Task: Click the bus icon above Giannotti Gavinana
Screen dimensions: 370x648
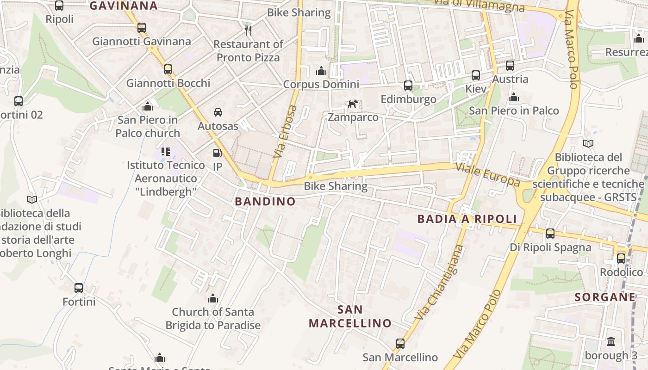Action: click(x=142, y=28)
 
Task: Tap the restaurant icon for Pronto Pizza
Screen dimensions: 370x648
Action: click(x=248, y=31)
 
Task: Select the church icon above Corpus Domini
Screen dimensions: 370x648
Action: click(x=320, y=71)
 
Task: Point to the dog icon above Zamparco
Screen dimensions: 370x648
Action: click(x=353, y=104)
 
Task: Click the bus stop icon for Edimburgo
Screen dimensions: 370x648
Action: click(x=408, y=86)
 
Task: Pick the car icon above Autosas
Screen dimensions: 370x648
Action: click(x=218, y=112)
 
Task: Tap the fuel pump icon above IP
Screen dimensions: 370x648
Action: click(x=217, y=153)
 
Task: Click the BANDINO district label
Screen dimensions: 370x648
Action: click(x=265, y=202)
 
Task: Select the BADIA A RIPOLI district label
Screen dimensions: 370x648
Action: click(x=467, y=219)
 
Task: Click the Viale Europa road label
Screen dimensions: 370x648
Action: click(x=488, y=174)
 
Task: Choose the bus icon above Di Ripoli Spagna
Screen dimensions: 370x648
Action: click(x=550, y=234)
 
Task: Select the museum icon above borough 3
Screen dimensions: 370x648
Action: click(x=611, y=342)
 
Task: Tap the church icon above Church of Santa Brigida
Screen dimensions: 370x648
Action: click(x=213, y=299)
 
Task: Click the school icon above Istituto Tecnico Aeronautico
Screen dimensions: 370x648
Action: click(x=166, y=151)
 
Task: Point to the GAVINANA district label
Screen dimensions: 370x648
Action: click(x=123, y=6)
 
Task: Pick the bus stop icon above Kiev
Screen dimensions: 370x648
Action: click(x=476, y=75)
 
